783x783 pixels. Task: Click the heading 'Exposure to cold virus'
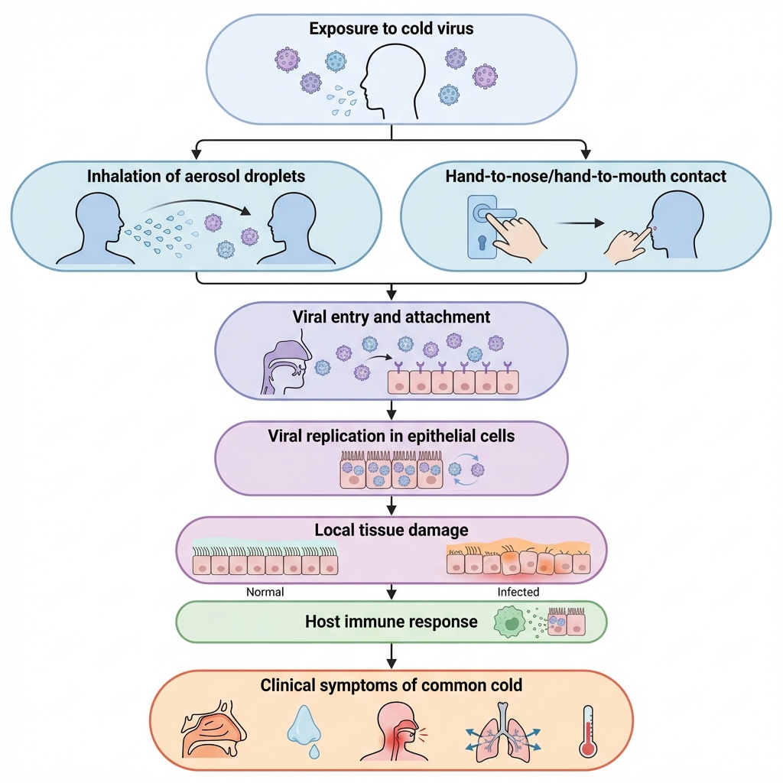pos(391,30)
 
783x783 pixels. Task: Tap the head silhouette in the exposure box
pos(390,80)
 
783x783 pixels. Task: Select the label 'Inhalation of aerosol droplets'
pos(196,177)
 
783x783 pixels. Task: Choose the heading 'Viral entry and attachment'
pos(391,317)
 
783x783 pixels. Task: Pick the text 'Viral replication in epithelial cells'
pos(391,437)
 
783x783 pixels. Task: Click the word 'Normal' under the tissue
pos(265,592)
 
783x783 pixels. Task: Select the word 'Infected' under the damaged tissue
pos(518,592)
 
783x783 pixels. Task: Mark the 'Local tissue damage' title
pos(391,530)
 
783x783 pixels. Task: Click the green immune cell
pos(512,622)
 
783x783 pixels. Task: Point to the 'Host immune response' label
pos(391,622)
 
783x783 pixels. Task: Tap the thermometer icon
pos(588,731)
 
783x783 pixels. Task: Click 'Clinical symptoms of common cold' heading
pos(391,684)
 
